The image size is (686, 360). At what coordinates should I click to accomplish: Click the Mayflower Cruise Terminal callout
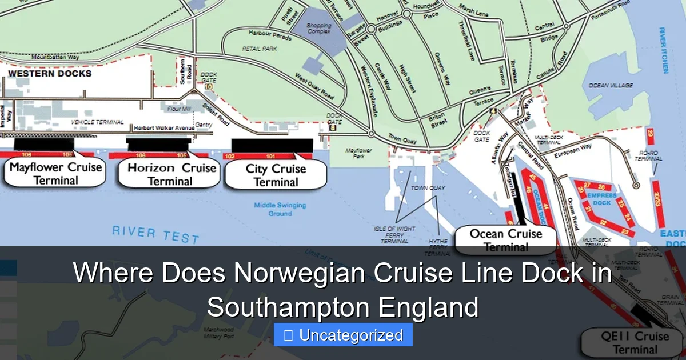pos(55,174)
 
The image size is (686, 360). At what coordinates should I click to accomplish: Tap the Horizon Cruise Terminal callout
pos(170,174)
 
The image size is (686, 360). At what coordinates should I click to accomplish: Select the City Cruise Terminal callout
pos(276,175)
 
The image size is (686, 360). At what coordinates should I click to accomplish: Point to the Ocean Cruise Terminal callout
pos(505,240)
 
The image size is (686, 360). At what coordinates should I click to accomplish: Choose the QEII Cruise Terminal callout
pos(635,342)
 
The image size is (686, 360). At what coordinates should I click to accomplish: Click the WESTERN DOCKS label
pos(50,74)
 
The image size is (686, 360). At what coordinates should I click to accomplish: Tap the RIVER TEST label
pos(155,234)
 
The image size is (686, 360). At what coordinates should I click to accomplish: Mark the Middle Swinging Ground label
pos(280,209)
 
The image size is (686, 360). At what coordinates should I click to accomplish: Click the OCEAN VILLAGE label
pos(611,85)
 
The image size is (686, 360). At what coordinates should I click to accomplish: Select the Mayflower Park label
pos(359,154)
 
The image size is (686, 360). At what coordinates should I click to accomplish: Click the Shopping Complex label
pos(318,29)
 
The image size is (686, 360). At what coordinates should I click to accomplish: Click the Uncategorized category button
pos(343,335)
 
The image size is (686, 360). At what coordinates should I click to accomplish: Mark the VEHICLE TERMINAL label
pos(97,122)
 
